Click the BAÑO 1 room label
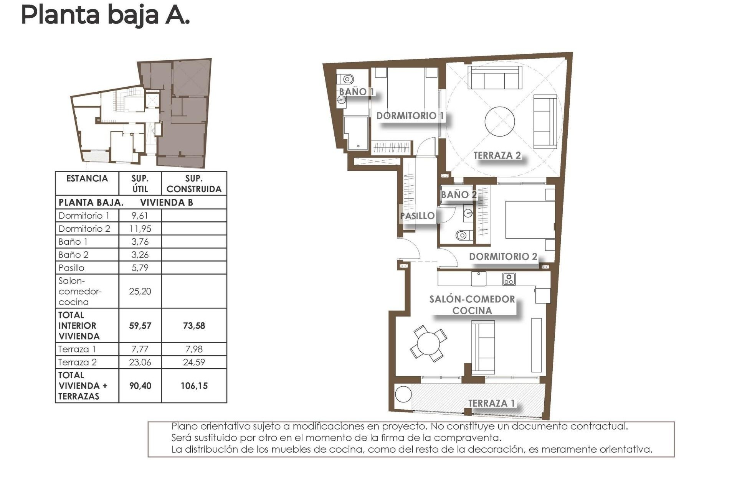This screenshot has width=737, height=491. pos(356,92)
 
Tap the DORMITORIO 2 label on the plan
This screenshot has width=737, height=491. pos(503,257)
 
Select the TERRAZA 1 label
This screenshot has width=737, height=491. pos(491,403)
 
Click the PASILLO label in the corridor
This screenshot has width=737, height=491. pos(417,216)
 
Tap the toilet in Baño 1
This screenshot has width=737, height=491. pos(347,79)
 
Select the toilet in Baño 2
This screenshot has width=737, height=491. pos(463,235)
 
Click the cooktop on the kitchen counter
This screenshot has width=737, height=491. pos(509,279)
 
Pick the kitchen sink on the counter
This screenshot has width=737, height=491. pos(479,278)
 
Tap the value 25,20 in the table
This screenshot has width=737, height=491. pos(140,291)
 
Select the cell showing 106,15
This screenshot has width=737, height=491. pos(194,386)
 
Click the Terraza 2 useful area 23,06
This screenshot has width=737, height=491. pos(140,362)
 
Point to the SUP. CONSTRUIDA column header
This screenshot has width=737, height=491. pos(194,184)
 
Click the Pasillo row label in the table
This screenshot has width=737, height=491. pos(71,268)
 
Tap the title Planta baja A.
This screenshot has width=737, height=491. pos(105,15)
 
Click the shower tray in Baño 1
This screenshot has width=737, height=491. pos(356,133)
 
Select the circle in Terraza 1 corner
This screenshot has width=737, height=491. pos(403,394)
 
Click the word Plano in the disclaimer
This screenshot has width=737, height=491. pos(184,426)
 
